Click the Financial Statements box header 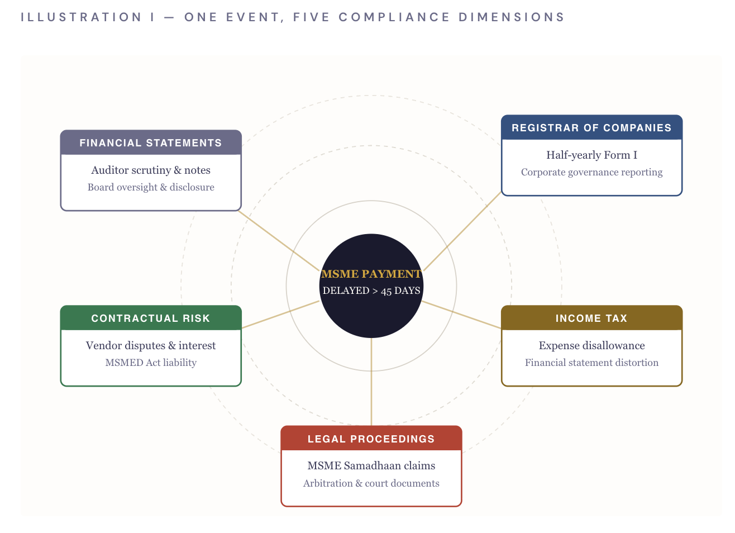151,142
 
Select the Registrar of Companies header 591,127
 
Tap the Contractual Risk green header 151,318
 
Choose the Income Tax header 591,318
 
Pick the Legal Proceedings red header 371,438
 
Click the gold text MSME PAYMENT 371,274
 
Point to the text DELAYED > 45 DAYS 371,291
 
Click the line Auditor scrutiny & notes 151,170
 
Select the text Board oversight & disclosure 151,187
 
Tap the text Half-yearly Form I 591,155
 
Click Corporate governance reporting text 591,172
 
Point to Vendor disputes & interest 151,345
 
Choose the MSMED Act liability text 151,363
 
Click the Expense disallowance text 591,345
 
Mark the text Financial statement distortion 591,363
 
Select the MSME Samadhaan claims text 371,465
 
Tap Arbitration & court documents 371,483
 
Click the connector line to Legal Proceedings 371,382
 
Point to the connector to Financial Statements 279,241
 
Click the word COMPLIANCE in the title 394,17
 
